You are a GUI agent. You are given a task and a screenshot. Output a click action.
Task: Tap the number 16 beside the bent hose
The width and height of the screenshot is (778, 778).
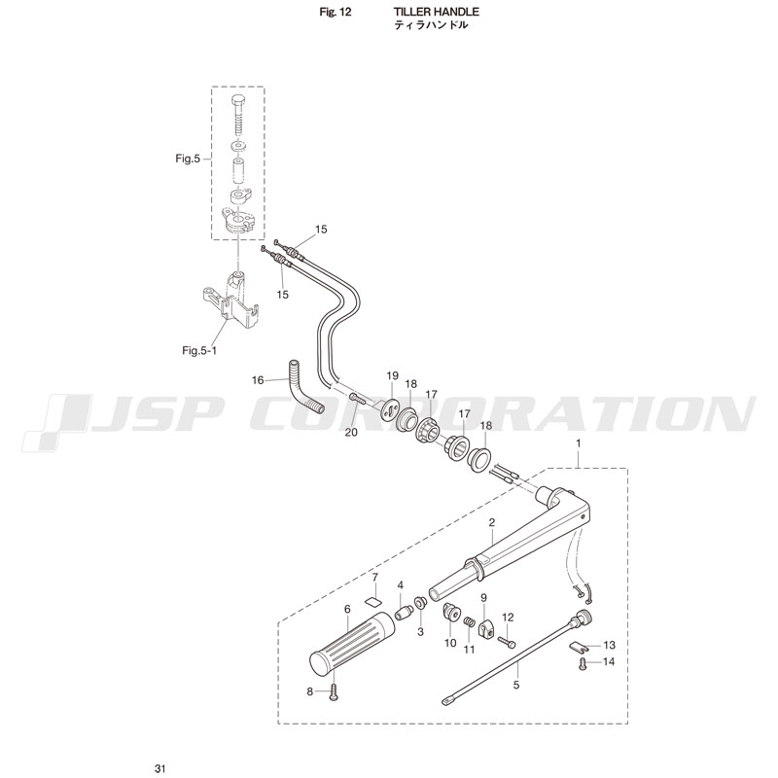click(258, 380)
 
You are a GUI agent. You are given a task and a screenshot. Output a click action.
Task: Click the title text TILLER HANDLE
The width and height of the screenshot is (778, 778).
click(436, 12)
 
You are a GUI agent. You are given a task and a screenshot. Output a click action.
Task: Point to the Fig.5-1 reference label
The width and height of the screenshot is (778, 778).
click(199, 350)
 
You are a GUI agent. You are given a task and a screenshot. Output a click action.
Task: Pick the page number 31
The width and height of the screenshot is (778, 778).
click(159, 769)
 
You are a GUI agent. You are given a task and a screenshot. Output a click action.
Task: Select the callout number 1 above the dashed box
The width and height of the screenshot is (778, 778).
click(578, 443)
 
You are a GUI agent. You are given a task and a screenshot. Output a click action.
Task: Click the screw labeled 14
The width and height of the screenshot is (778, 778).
click(583, 664)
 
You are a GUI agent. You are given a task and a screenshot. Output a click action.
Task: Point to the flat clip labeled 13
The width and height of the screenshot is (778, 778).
click(577, 646)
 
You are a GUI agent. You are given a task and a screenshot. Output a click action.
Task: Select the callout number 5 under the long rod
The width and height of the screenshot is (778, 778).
click(516, 685)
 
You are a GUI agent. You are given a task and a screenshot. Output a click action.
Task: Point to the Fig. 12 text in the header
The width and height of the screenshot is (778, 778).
click(336, 12)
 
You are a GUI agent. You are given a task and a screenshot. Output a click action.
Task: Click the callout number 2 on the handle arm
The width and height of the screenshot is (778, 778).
click(492, 522)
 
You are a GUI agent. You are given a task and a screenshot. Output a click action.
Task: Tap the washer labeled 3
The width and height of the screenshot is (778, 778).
click(420, 603)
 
